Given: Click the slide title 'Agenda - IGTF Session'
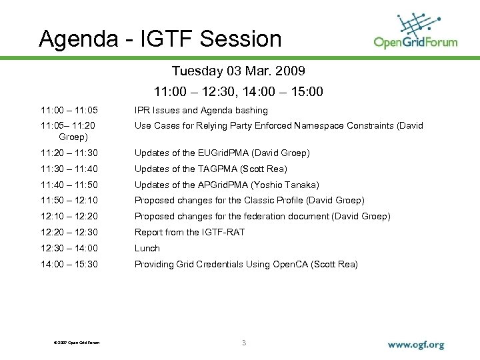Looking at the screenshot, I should click(160, 39).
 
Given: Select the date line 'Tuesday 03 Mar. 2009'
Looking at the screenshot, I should click(239, 71).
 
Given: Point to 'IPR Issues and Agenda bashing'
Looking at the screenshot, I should click(201, 110).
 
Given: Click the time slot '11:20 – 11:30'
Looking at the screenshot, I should click(69, 153).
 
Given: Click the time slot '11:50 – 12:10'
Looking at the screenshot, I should click(69, 200).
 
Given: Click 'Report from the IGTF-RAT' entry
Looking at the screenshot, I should click(189, 232).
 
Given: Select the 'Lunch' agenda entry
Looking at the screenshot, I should click(147, 248).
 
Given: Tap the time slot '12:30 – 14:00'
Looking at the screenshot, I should click(69, 248).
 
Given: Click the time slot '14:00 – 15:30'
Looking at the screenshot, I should click(69, 264).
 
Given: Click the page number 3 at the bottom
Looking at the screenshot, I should click(244, 343).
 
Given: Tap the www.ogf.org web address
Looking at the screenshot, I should click(415, 345).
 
